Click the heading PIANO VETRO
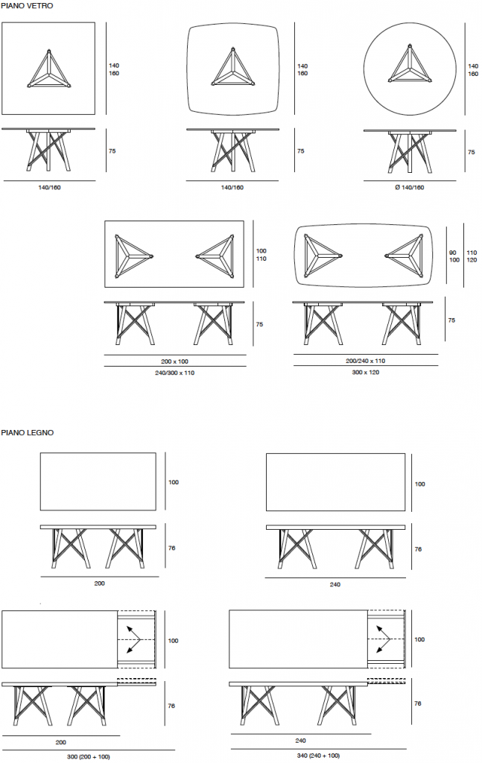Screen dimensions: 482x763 (x=28, y=6)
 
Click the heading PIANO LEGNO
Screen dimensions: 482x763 (x=28, y=433)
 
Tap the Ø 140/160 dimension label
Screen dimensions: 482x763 (x=410, y=187)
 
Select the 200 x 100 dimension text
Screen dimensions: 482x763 (x=174, y=361)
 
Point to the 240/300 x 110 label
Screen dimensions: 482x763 (x=174, y=373)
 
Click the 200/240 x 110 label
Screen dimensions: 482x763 (x=365, y=361)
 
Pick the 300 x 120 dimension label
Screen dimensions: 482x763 (x=365, y=373)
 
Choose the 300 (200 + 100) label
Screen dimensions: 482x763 (x=89, y=757)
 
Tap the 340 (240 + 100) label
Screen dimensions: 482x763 (x=318, y=756)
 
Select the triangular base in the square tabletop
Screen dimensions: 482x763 (x=48, y=69)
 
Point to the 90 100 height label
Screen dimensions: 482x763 (x=453, y=256)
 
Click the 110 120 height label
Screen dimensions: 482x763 (x=472, y=256)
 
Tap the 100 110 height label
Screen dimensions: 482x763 (x=261, y=255)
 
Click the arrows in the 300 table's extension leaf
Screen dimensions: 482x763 (x=133, y=639)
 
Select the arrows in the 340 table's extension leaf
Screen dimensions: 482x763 (x=383, y=639)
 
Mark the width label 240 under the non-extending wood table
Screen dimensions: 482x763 (x=335, y=584)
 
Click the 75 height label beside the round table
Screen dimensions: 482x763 (x=472, y=152)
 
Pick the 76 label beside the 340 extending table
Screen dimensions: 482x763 (x=418, y=703)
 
